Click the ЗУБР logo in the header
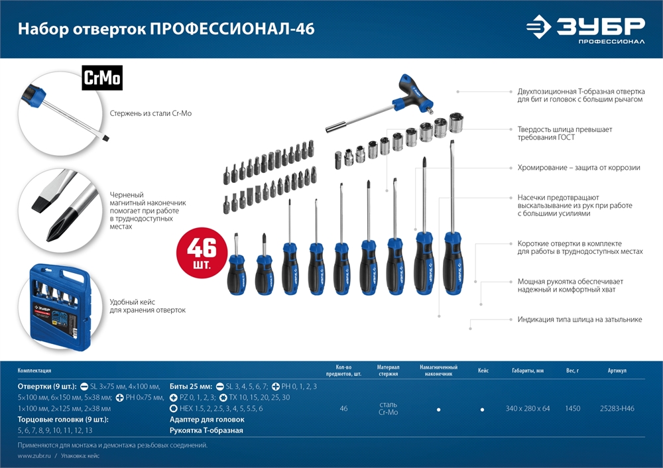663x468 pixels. [585, 29]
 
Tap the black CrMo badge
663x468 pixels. [102, 79]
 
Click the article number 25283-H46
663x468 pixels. [617, 408]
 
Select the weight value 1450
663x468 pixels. [572, 408]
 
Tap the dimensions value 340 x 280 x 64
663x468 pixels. [528, 408]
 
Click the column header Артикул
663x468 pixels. [617, 371]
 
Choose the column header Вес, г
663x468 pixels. [572, 371]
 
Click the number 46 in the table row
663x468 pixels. [343, 408]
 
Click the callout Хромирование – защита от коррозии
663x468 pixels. [579, 168]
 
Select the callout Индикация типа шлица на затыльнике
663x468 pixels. [579, 320]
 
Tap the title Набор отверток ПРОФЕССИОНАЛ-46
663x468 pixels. [166, 29]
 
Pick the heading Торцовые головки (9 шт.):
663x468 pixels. [63, 420]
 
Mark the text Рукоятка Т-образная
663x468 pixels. [206, 430]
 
